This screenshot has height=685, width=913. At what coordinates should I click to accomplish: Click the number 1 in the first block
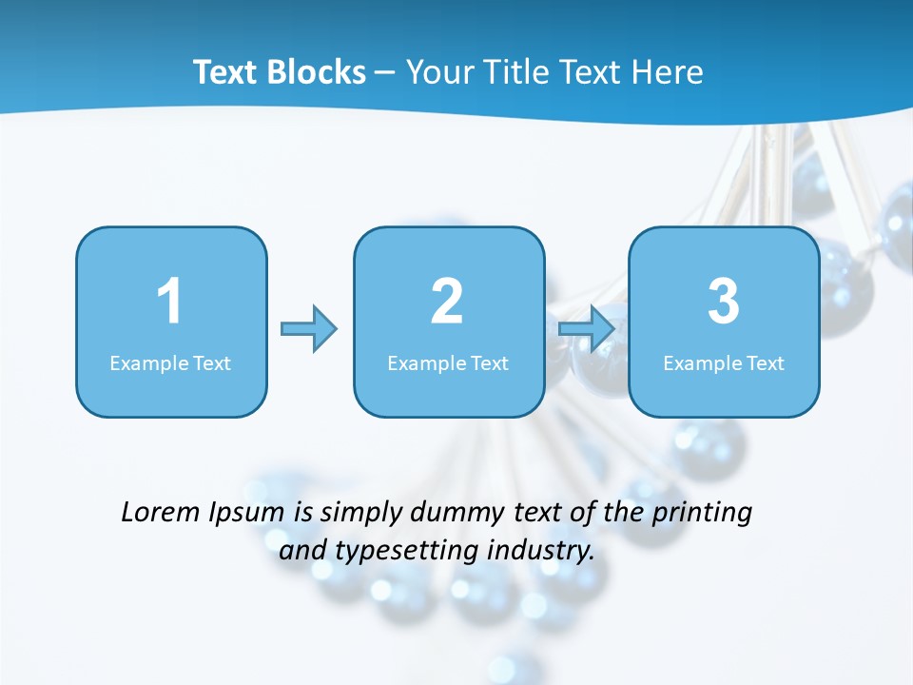coord(169,302)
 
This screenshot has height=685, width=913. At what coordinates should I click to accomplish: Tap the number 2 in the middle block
coord(447,302)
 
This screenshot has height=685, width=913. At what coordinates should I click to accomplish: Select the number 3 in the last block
coord(724,302)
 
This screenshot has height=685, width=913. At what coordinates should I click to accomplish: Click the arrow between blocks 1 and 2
coord(309,329)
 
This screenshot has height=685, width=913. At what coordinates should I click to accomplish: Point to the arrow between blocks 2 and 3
coord(587,329)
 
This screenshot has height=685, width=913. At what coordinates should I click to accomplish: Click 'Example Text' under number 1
coord(170,363)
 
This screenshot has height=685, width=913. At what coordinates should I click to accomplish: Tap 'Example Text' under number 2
coord(448,363)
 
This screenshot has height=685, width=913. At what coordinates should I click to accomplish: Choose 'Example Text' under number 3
coord(724,363)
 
